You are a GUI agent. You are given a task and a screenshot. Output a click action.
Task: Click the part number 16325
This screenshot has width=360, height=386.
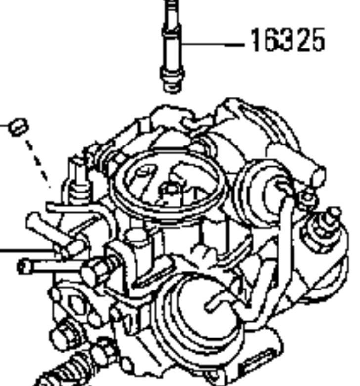(287, 40)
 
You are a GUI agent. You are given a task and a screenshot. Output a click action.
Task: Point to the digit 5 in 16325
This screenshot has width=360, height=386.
(317, 41)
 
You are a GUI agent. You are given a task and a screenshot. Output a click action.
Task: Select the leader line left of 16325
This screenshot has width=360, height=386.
(212, 45)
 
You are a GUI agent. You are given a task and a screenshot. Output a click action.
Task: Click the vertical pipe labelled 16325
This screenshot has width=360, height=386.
(172, 47)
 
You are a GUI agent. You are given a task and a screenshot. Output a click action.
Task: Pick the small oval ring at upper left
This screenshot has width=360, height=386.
(19, 127)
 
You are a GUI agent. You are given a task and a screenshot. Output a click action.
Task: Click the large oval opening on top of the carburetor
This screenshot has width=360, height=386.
(167, 184)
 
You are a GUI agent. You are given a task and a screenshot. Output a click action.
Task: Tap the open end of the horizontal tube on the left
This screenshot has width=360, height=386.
(23, 267)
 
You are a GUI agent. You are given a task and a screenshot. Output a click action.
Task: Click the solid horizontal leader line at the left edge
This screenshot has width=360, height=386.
(27, 250)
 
